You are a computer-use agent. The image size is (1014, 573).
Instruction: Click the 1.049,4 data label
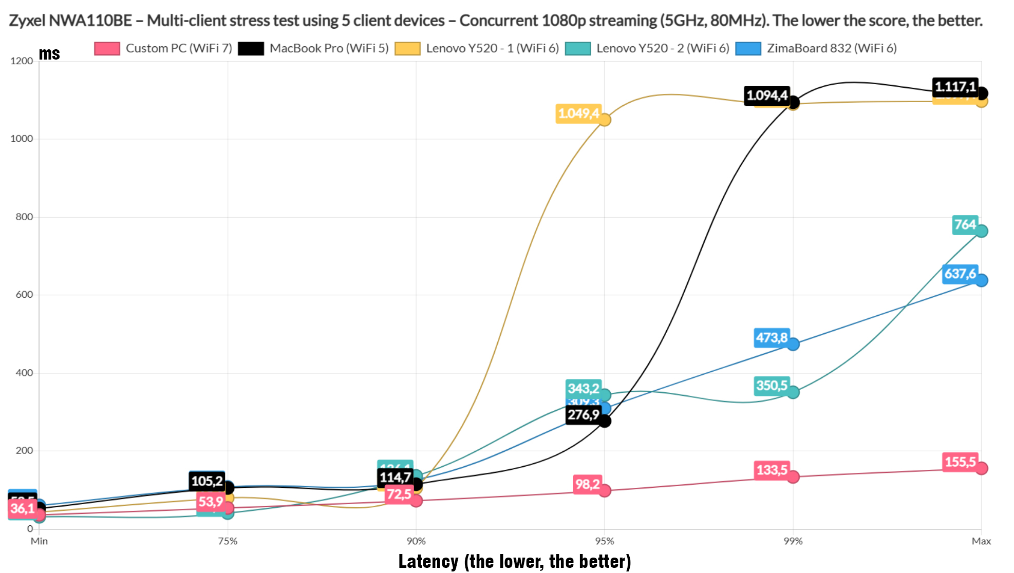point(578,113)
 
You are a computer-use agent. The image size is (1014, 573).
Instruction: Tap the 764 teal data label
point(965,225)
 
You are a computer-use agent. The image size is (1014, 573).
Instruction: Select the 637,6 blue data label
point(960,274)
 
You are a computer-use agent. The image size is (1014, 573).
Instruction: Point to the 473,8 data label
point(772,338)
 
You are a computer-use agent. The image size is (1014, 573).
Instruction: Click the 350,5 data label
point(772,386)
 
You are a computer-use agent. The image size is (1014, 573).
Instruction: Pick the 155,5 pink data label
point(960,462)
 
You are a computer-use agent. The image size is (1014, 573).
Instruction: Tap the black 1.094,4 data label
point(767,95)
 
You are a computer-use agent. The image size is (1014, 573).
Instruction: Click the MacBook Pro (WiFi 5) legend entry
point(314,48)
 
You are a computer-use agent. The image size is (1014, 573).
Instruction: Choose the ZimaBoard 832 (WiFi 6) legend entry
point(816,48)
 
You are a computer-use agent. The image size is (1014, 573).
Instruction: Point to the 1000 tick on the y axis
point(22,139)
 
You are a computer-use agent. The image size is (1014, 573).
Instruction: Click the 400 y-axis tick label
point(24,373)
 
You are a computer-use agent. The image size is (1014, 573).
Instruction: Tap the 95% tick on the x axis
point(605,541)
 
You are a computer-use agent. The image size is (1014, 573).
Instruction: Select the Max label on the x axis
point(981,541)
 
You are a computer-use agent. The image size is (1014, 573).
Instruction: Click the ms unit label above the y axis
point(49,54)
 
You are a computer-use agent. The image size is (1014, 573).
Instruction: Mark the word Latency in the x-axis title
point(428,562)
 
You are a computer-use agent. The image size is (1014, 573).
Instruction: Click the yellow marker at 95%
point(605,120)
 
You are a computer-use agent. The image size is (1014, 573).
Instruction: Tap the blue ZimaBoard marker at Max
point(981,280)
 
